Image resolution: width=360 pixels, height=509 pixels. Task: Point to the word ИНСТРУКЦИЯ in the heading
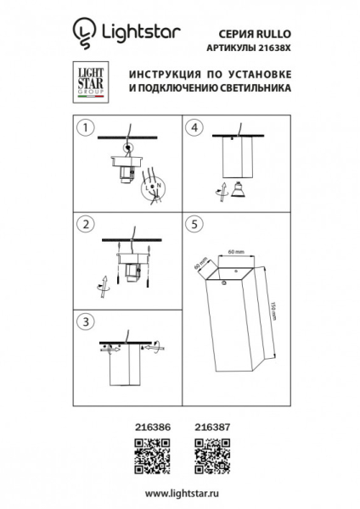coord(154,75)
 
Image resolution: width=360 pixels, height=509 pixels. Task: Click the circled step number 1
coord(83,128)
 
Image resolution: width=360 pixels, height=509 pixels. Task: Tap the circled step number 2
coord(83,225)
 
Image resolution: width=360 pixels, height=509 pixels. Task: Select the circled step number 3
coord(83,322)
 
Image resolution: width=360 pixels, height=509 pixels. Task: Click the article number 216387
coord(208,429)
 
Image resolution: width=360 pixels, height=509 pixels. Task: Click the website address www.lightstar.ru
coord(180,493)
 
